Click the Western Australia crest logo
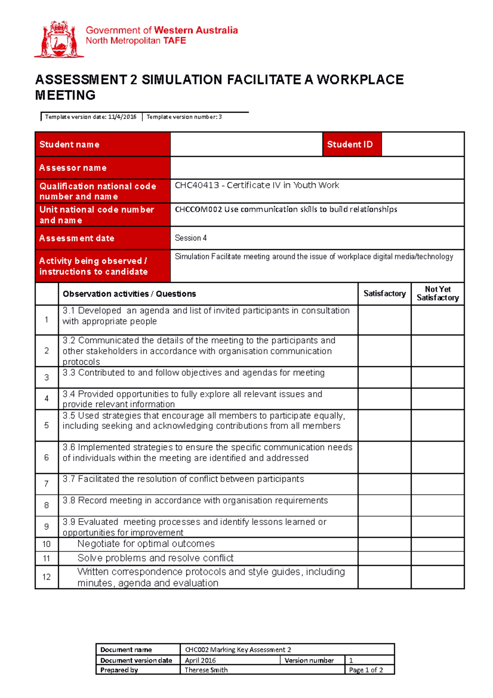click(59, 39)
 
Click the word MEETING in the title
click(66, 95)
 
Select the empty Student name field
click(246, 144)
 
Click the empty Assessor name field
click(317, 168)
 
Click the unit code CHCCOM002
click(198, 209)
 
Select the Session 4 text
click(191, 238)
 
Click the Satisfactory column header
click(384, 294)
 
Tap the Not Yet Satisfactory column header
click(438, 294)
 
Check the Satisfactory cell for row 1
click(384, 320)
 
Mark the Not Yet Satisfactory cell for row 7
click(438, 484)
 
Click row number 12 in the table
click(46, 577)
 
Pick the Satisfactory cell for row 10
click(384, 544)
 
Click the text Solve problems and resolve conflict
click(155, 558)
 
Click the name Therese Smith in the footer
click(206, 670)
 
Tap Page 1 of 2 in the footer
click(366, 670)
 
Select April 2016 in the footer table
click(200, 660)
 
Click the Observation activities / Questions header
click(129, 294)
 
